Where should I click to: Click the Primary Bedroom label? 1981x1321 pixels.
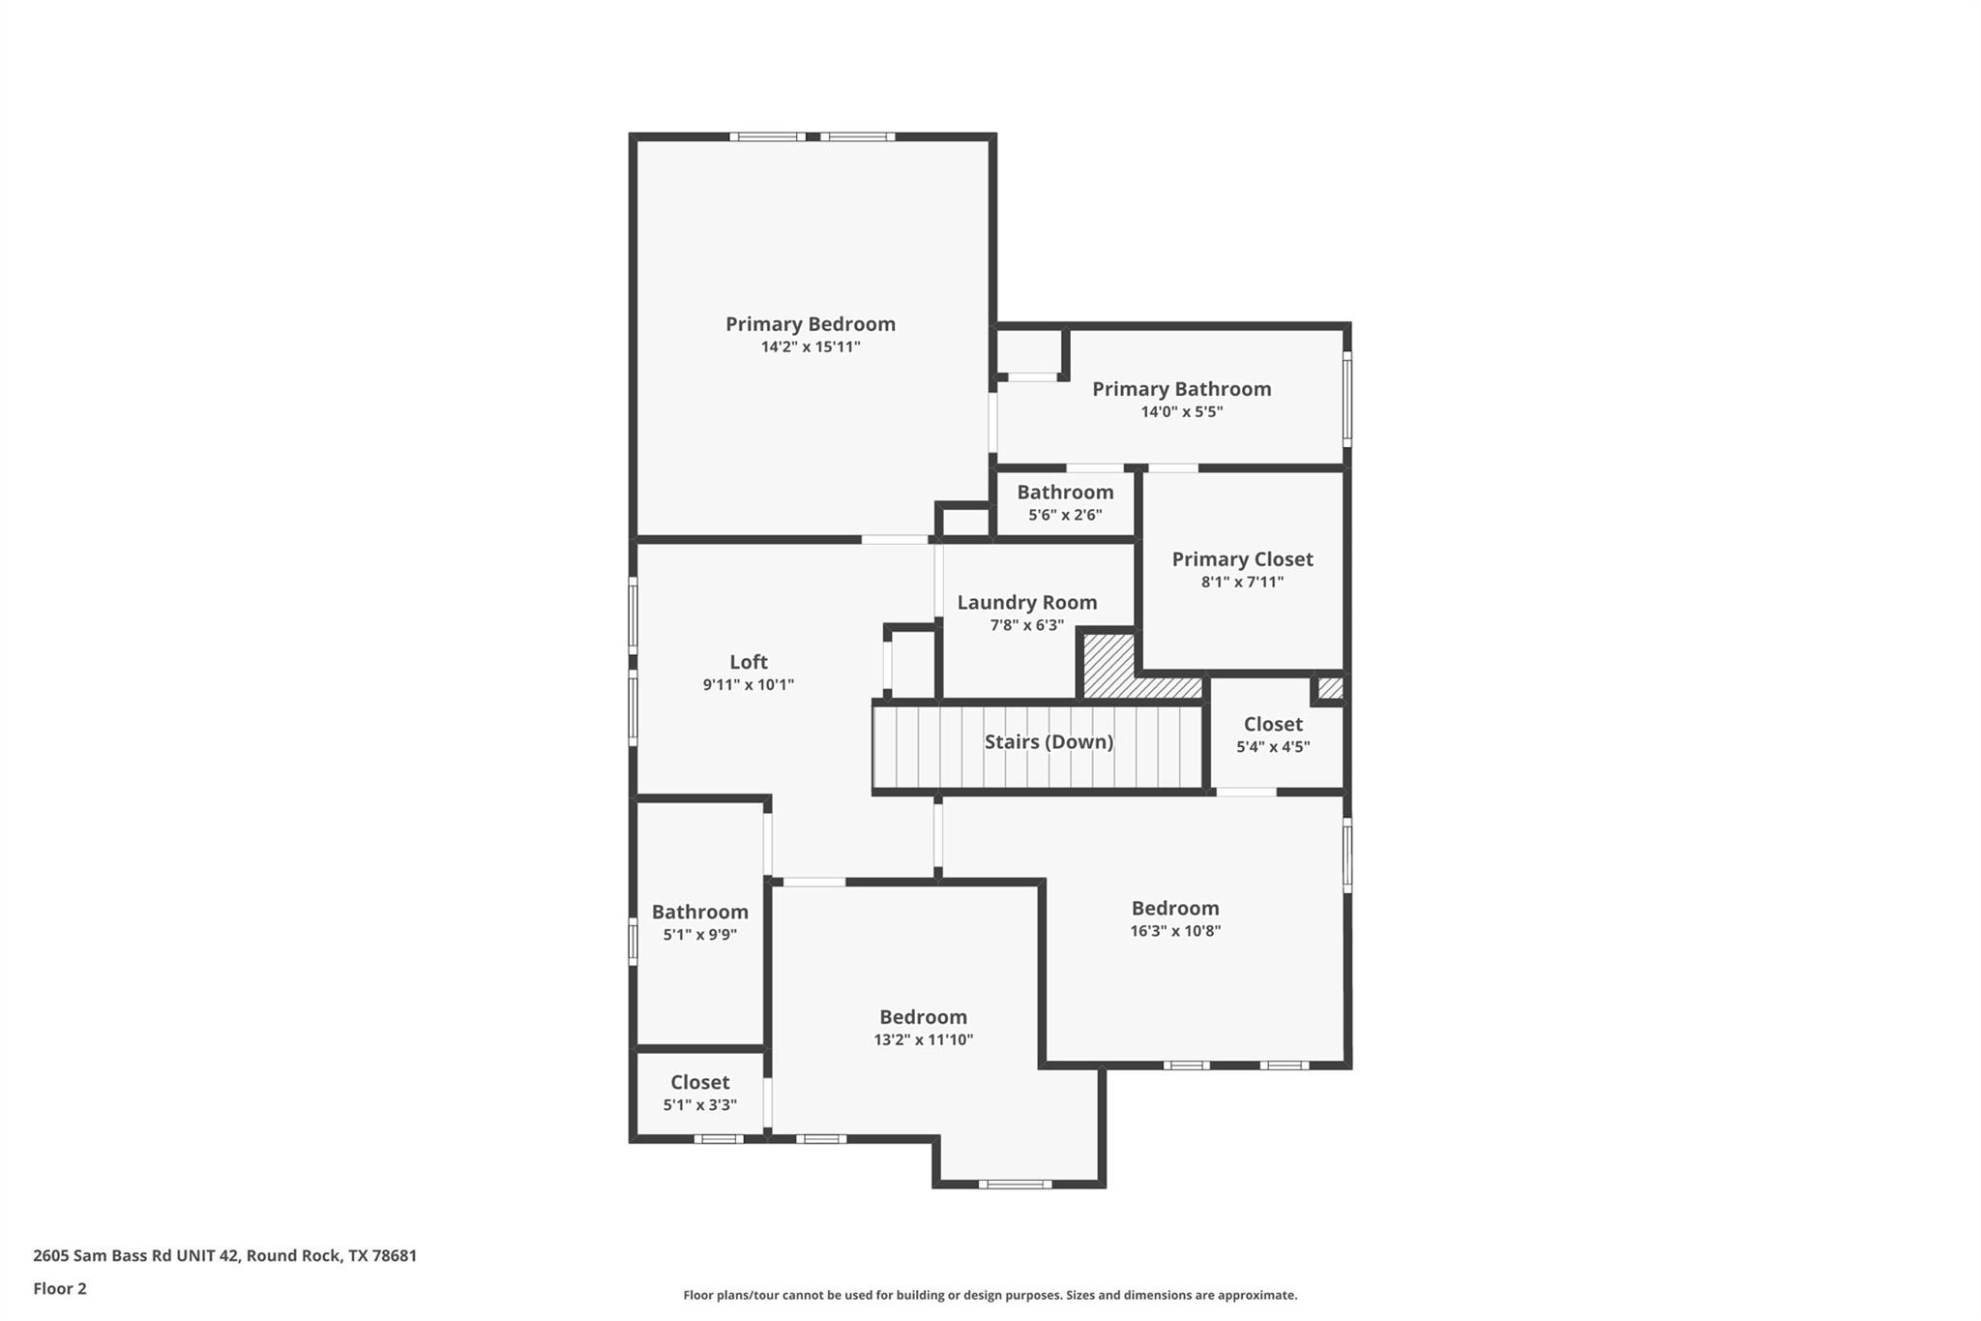coord(811,324)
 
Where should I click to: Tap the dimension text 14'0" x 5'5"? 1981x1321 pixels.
coord(1181,412)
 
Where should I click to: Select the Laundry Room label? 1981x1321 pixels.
coord(1026,603)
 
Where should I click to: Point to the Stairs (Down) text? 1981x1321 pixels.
coord(1049,742)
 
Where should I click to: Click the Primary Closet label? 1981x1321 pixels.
coord(1242,559)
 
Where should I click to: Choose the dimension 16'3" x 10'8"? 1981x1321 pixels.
coord(1175,931)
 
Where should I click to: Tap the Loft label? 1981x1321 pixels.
coord(748,662)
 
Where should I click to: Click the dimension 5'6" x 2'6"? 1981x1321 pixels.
coord(1064,516)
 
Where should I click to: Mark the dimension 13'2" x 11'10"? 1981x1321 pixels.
coord(923,1040)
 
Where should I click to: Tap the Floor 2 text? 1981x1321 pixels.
coord(60,1289)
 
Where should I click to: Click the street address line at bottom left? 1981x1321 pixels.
coord(224,1256)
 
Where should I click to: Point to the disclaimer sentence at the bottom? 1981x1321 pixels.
coord(990,1295)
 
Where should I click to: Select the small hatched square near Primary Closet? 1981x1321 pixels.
coord(1331,688)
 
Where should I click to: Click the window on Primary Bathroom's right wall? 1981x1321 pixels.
coord(1346,398)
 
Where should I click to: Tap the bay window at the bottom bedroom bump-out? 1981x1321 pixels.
coord(1014,1184)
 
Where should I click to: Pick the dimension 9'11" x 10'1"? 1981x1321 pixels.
coord(748,685)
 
